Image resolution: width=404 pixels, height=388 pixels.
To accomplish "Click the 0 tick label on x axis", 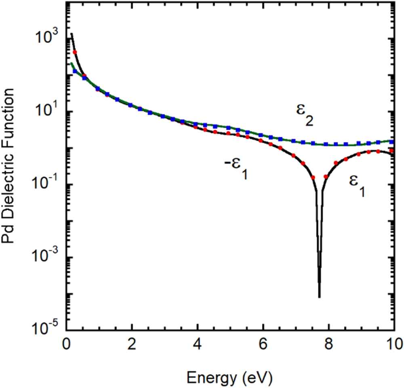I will pyautogui.click(x=66, y=347).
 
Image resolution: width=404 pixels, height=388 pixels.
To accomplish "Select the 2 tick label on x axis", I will pyautogui.click(x=131, y=347).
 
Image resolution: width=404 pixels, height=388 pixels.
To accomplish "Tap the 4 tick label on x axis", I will pyautogui.click(x=197, y=347).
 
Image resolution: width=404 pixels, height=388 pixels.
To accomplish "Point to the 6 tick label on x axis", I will pyautogui.click(x=263, y=347).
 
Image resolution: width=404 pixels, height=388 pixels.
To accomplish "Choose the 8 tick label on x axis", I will pyautogui.click(x=328, y=347).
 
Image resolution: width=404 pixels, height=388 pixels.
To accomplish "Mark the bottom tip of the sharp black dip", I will pyautogui.click(x=319, y=297).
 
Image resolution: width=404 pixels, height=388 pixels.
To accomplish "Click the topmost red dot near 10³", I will pyautogui.click(x=75, y=52).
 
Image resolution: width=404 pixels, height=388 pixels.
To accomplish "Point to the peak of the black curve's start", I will pyautogui.click(x=72, y=34).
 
